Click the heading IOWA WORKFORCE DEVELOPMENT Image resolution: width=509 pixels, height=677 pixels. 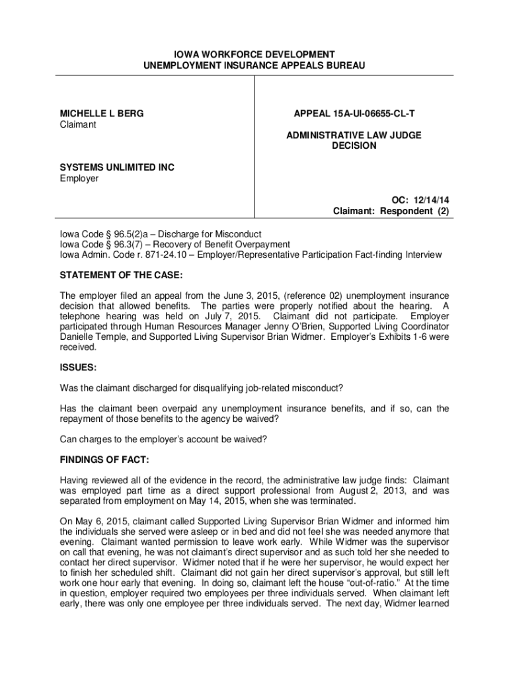[255, 54]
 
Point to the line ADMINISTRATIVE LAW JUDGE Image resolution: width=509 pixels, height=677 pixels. [354, 135]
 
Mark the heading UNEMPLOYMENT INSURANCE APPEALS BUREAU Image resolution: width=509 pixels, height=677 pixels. [255, 65]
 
